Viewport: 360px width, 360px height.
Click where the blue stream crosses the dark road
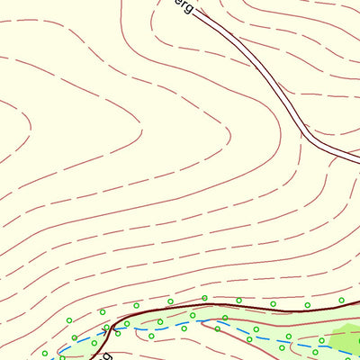[x=112, y=328]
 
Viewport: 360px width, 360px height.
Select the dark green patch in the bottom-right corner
[x=346, y=339]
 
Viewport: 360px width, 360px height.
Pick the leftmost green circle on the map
[x=44, y=353]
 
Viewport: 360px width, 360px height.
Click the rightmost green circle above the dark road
[x=341, y=300]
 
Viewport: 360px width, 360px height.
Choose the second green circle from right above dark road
[x=307, y=305]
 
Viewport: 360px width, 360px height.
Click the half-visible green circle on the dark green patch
[x=358, y=340]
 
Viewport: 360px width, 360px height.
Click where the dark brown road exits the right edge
[x=358, y=302]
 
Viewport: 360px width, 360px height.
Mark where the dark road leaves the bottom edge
[x=93, y=358]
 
